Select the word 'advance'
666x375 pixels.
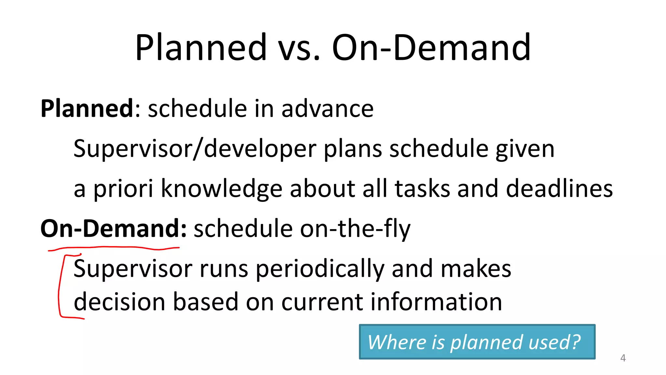pos(327,109)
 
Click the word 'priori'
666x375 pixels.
pos(123,189)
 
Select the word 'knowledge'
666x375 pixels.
pos(221,189)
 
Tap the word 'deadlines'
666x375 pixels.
pos(559,189)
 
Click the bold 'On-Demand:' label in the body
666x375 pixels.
pos(113,229)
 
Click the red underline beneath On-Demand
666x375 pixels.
pos(114,248)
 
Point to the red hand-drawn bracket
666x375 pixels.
pos(60,286)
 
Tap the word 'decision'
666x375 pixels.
pos(119,302)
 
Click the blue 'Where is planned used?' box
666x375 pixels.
pos(477,342)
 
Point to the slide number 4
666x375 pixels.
pos(623,358)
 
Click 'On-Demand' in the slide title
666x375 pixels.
pos(431,48)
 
